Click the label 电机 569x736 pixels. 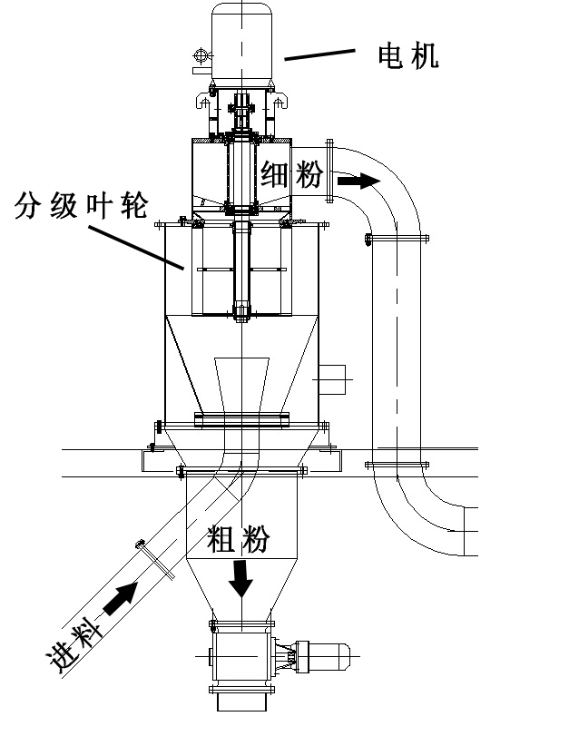[x=408, y=56]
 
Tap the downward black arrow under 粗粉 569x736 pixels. [x=240, y=577]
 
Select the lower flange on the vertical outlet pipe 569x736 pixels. [x=397, y=465]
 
